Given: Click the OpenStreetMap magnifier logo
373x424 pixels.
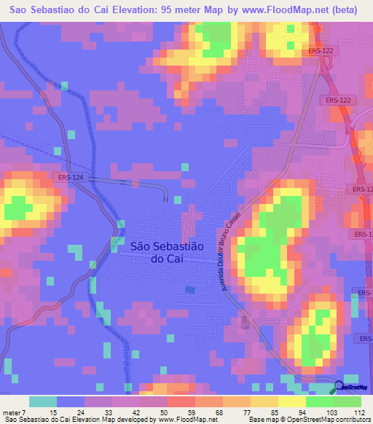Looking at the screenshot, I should point(339,387).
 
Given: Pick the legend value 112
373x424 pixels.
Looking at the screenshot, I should point(360,413).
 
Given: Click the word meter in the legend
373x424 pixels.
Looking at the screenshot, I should point(11,413).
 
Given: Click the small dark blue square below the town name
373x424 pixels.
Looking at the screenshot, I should point(189,290).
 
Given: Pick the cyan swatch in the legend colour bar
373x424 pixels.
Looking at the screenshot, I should point(43,401).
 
